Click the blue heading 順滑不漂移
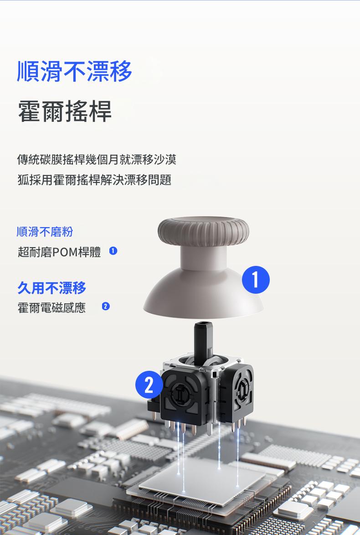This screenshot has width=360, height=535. [x=74, y=71]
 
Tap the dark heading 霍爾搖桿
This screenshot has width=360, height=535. [x=65, y=111]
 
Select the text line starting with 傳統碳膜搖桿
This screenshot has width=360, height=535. [x=97, y=159]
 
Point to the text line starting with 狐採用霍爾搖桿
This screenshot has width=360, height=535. [x=94, y=180]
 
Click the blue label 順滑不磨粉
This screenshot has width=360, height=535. [x=45, y=232]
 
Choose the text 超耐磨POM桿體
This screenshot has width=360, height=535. [x=59, y=252]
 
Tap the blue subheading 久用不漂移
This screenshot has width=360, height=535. [x=52, y=288]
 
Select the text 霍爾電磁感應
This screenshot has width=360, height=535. [x=51, y=308]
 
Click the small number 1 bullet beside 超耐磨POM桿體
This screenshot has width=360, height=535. [x=113, y=251]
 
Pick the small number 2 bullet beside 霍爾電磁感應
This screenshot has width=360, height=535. [x=106, y=306]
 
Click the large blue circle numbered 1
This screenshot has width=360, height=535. [x=256, y=280]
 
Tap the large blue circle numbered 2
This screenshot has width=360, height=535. [x=149, y=385]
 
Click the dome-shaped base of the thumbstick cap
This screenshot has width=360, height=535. [x=204, y=293]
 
